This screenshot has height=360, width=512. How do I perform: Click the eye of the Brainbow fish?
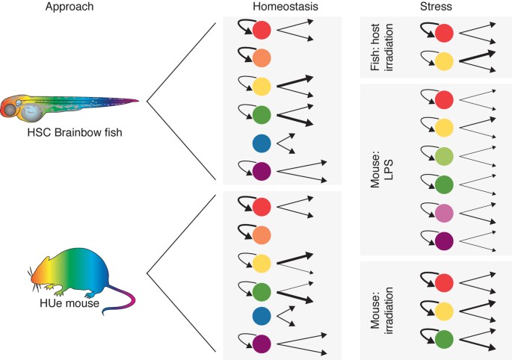point(18,104)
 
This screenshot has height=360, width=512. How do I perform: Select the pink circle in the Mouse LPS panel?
point(444,211)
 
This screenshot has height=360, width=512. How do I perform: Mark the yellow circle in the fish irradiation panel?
point(444,62)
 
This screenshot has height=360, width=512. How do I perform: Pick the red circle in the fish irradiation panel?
point(444,34)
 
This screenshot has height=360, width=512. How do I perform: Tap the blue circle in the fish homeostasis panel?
point(262,143)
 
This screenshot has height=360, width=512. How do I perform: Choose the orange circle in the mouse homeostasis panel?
point(262,236)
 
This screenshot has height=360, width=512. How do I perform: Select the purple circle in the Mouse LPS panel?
point(444,240)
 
